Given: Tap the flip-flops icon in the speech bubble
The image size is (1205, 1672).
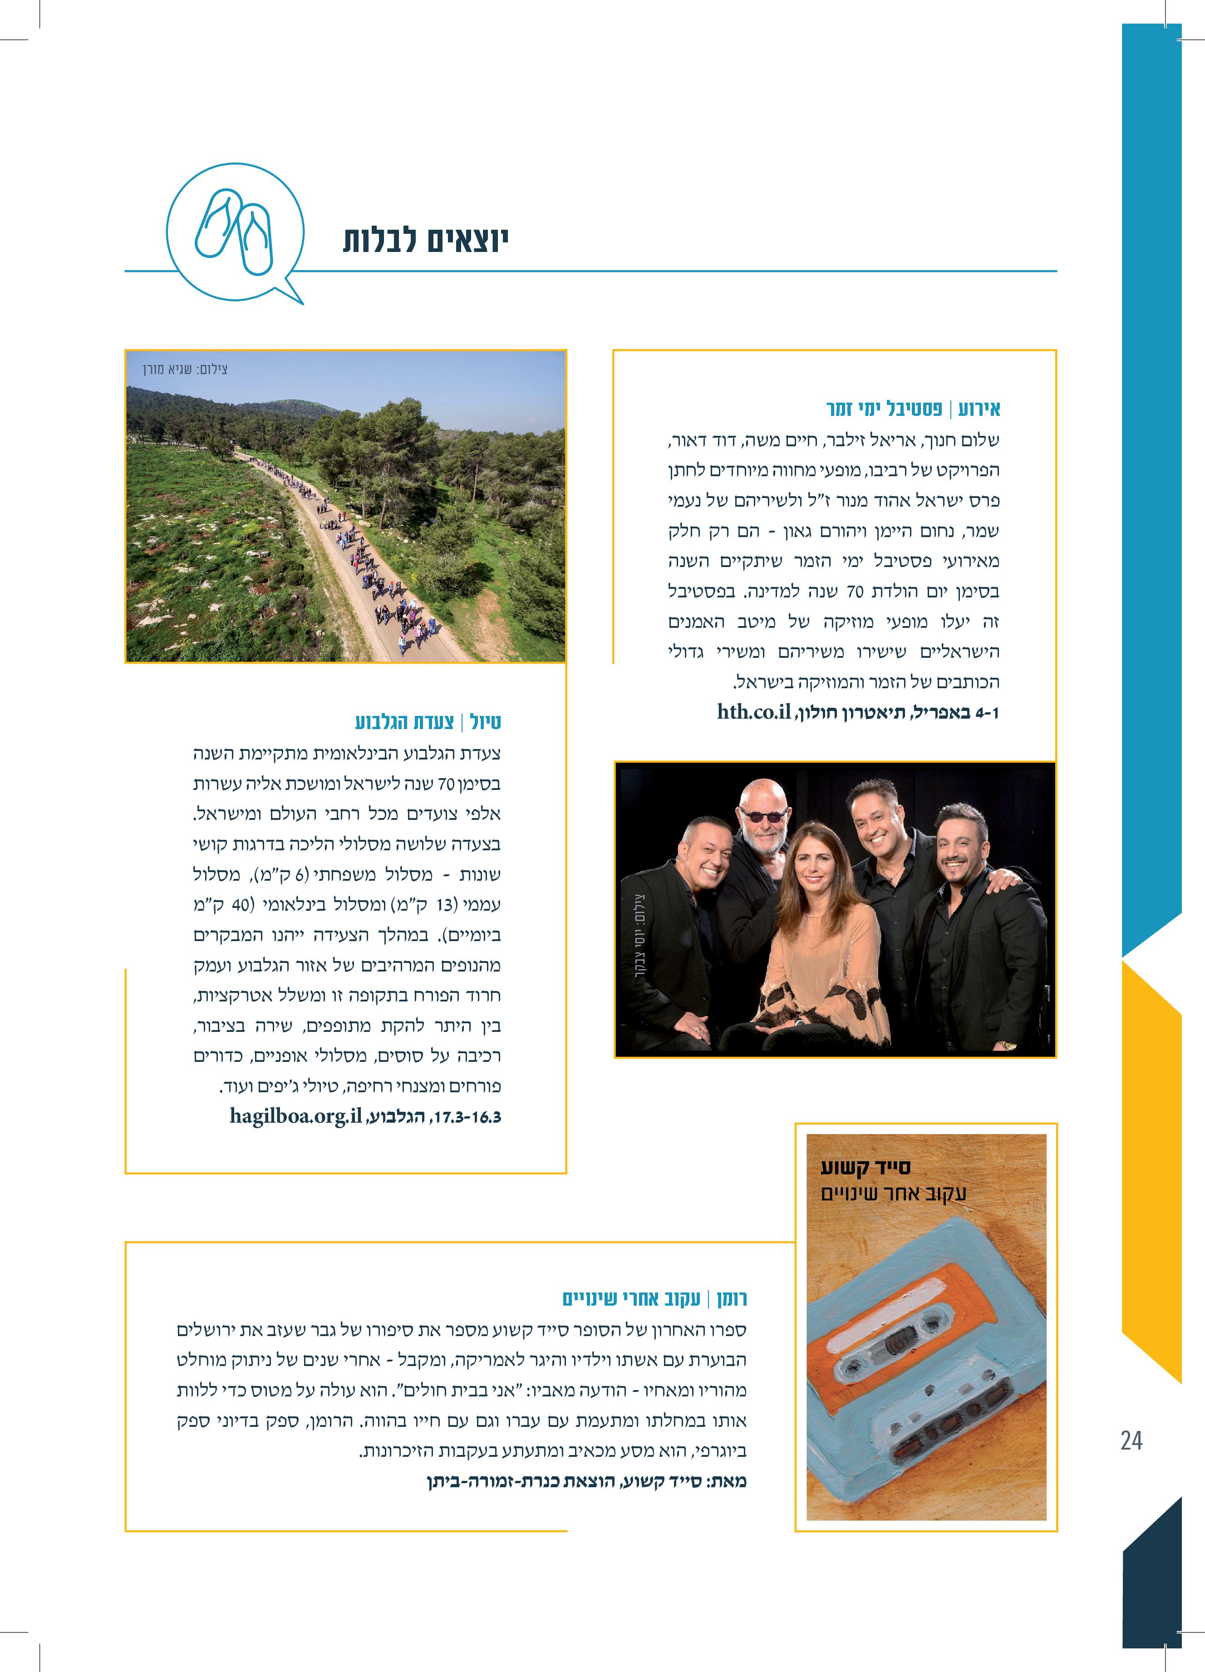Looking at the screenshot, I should coord(234,230).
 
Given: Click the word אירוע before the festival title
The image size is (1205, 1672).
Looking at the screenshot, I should coord(979,409).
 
